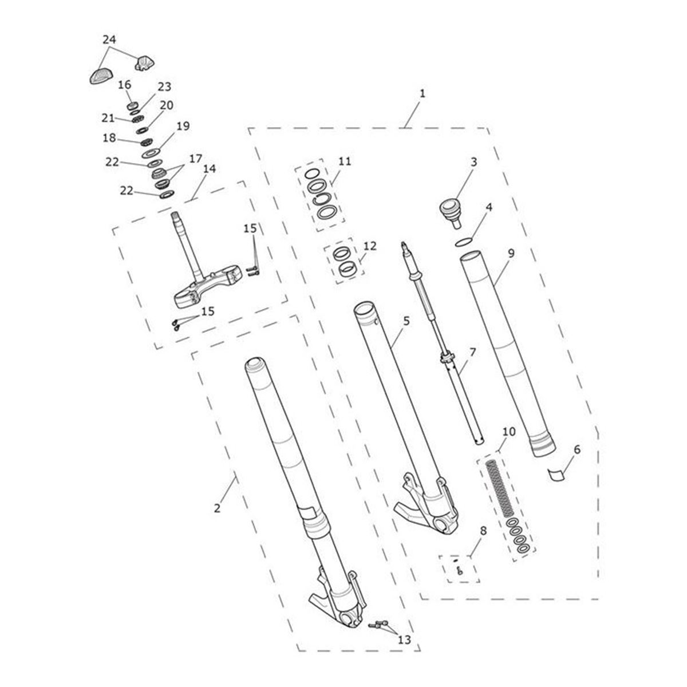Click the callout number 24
click(x=109, y=40)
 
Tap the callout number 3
click(x=473, y=162)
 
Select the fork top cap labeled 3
click(x=452, y=213)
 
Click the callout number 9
click(x=511, y=254)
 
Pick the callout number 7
click(x=472, y=352)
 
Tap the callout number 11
click(x=345, y=161)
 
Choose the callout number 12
click(x=370, y=246)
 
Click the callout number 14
click(x=210, y=169)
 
